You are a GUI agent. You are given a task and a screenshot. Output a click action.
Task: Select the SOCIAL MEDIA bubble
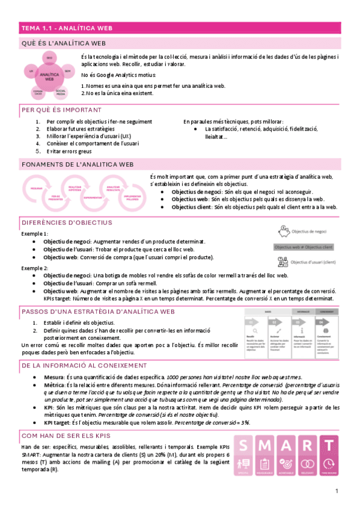click(61, 93)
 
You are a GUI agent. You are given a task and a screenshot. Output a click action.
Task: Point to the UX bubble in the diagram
click(30, 71)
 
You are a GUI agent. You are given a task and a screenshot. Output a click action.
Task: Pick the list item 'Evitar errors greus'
click(69, 151)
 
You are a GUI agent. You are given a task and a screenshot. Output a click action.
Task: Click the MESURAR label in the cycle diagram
click(37, 188)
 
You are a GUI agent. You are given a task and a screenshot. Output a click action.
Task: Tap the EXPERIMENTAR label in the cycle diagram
click(93, 197)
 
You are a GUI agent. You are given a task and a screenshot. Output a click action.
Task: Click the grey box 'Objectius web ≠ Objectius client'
click(304, 247)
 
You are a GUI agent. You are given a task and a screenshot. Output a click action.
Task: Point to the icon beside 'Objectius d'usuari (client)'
click(282, 261)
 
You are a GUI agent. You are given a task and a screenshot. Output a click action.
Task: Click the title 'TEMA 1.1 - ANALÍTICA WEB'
click(57, 28)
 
